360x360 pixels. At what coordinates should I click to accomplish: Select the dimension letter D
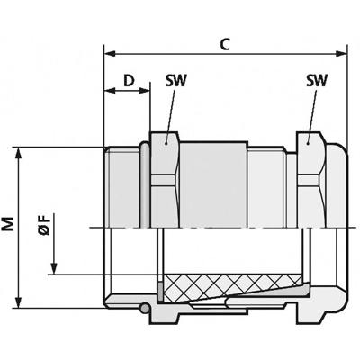point(128,82)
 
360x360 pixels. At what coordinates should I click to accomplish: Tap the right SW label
point(316,82)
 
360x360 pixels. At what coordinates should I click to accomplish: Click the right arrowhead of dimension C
point(344,51)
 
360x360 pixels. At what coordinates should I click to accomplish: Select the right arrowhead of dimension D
point(144,92)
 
